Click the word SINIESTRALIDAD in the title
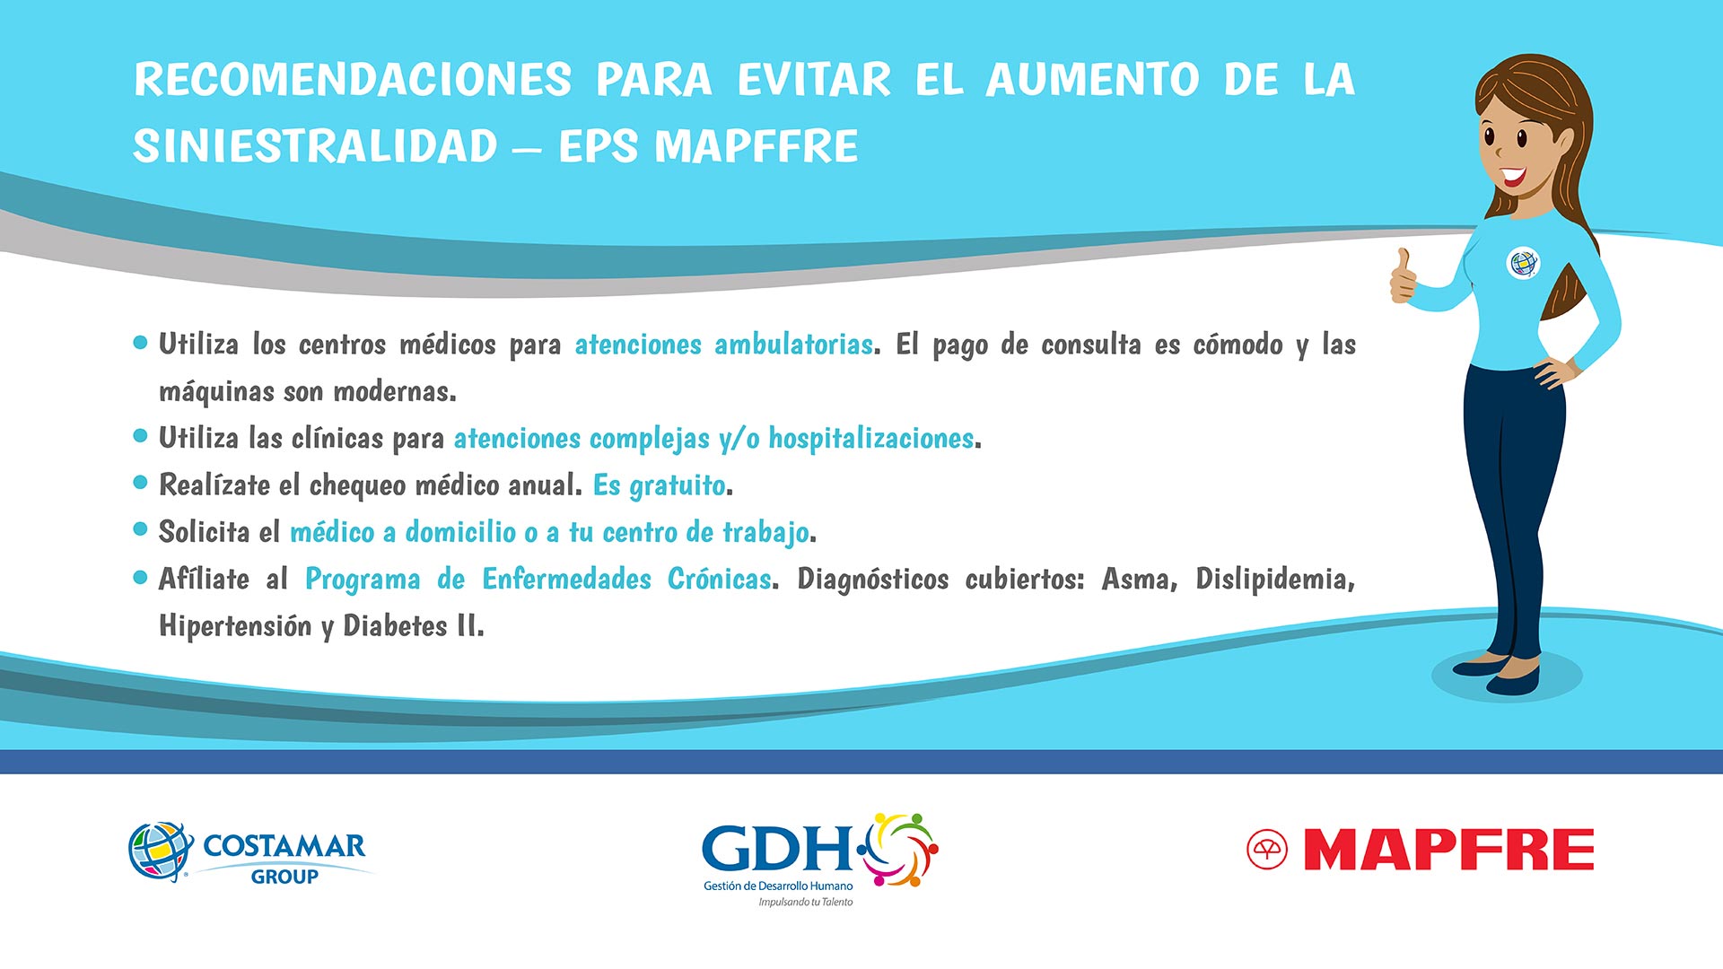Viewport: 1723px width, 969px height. pyautogui.click(x=315, y=146)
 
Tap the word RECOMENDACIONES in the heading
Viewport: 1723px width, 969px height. pyautogui.click(x=353, y=79)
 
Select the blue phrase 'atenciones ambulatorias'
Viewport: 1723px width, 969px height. pyautogui.click(x=723, y=345)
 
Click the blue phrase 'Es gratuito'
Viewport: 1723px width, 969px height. pyautogui.click(x=660, y=485)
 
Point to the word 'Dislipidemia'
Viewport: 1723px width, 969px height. pyautogui.click(x=1273, y=580)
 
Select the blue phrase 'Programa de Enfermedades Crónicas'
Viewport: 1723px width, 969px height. pyautogui.click(x=538, y=580)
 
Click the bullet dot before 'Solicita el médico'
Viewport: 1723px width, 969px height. pyautogui.click(x=140, y=529)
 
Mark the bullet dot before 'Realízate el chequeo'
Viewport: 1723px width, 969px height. pyautogui.click(x=140, y=482)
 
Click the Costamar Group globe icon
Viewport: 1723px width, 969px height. pyautogui.click(x=161, y=851)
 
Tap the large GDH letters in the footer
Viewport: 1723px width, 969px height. pyautogui.click(x=777, y=848)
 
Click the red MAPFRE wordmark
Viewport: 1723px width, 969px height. pyautogui.click(x=1448, y=850)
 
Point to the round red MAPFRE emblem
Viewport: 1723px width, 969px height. pyautogui.click(x=1267, y=850)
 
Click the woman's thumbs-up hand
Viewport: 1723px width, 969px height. pyautogui.click(x=1403, y=276)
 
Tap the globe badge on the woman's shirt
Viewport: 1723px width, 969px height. pyautogui.click(x=1522, y=263)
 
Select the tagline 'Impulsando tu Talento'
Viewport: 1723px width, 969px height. pyautogui.click(x=806, y=902)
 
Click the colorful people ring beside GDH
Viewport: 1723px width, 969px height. pyautogui.click(x=899, y=850)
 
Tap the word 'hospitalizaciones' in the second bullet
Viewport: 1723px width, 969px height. pyautogui.click(x=870, y=439)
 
